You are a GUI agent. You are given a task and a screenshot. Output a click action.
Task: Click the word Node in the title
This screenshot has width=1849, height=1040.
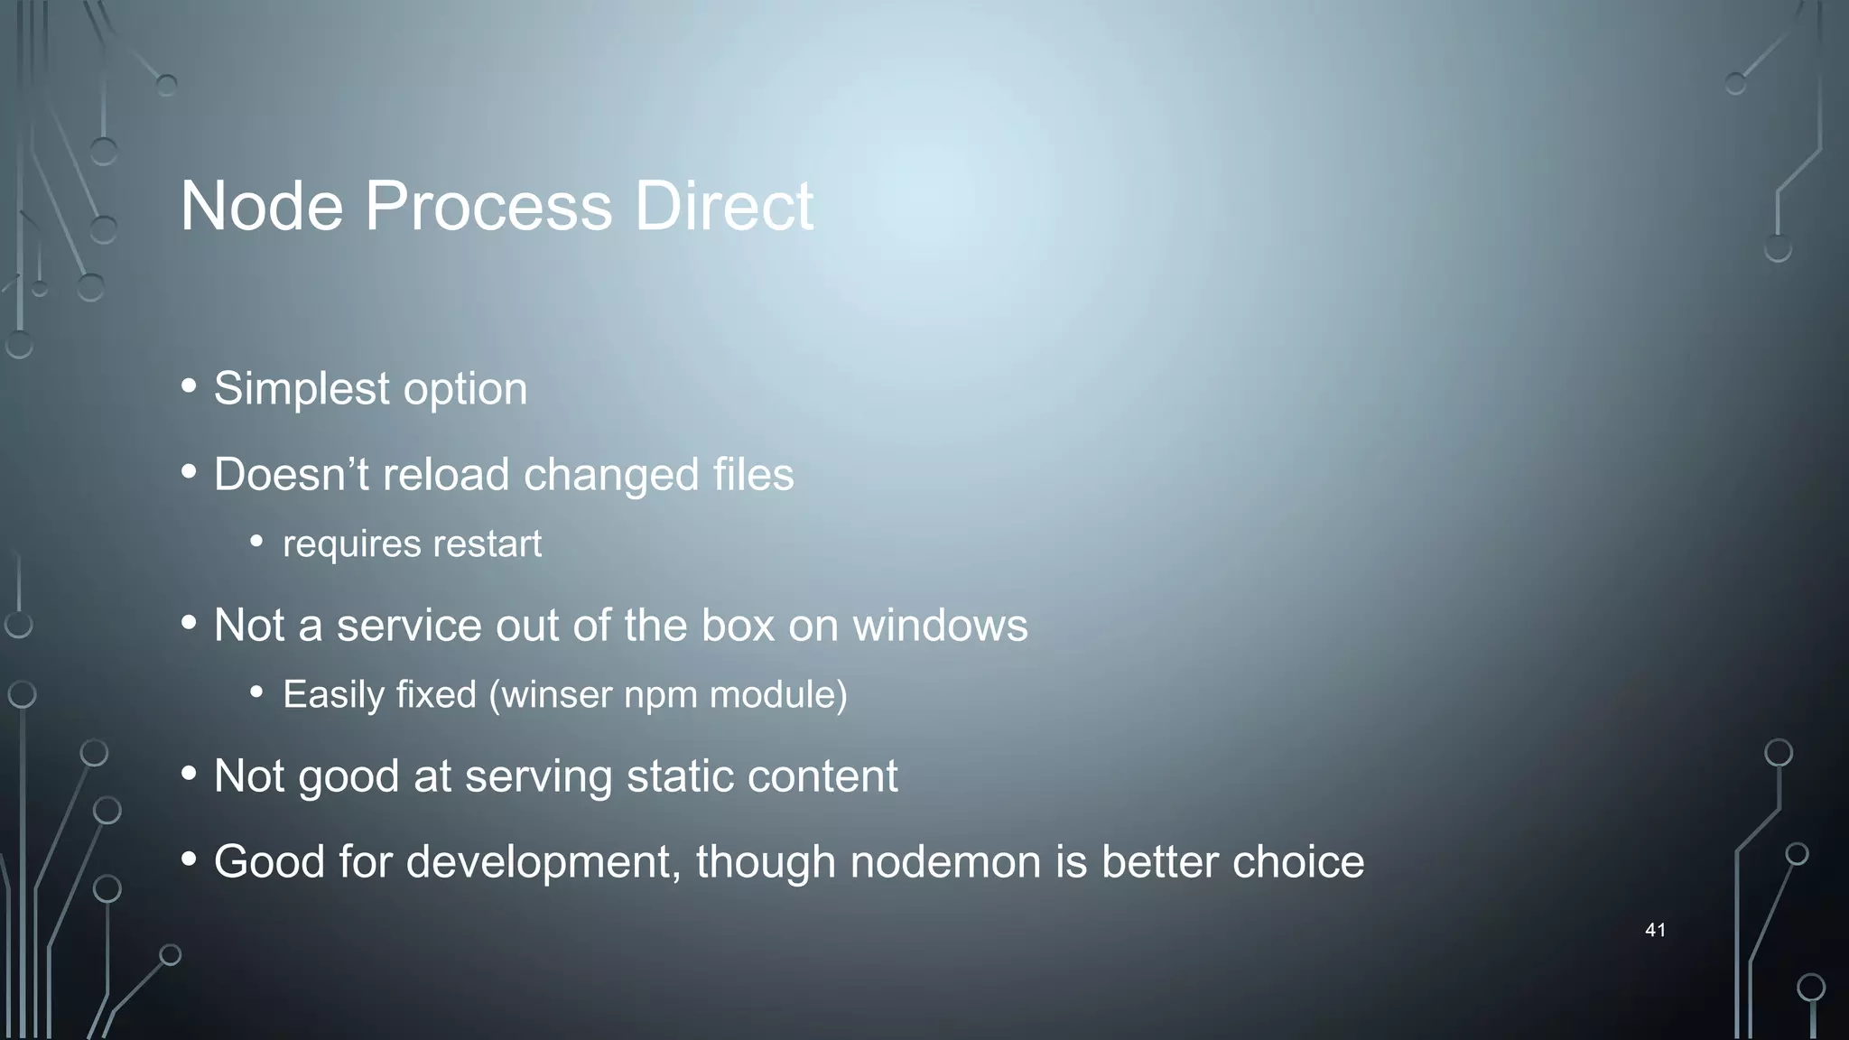262,207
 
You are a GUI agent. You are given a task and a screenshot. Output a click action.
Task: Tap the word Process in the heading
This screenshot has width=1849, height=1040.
488,207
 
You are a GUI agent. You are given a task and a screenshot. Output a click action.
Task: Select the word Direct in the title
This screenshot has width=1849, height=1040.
723,207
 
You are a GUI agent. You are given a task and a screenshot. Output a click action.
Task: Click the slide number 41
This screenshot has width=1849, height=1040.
1655,930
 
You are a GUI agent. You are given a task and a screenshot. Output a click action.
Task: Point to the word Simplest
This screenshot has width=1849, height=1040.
302,389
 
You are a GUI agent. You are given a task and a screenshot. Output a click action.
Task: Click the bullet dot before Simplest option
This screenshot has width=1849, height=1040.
189,386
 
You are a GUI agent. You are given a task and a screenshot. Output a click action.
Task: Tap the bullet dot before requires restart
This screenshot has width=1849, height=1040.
257,542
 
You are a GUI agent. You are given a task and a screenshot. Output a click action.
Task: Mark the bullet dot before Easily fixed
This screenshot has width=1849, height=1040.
257,692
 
